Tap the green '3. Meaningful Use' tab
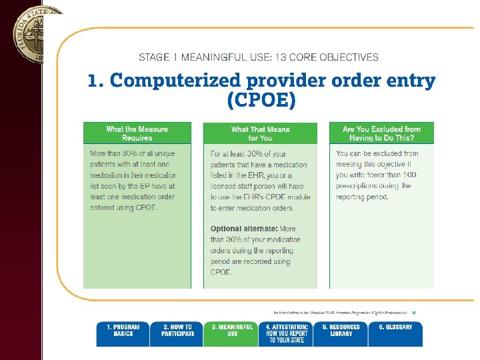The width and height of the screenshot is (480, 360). [x=232, y=333]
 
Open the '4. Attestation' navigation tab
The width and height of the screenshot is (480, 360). [x=286, y=333]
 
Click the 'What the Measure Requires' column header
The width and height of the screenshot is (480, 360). [x=137, y=133]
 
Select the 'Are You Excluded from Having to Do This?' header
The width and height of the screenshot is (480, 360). [x=381, y=133]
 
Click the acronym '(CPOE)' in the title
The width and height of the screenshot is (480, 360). [x=261, y=101]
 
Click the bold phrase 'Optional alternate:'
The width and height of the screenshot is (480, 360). [x=243, y=229]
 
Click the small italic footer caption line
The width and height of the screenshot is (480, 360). [x=341, y=312]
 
